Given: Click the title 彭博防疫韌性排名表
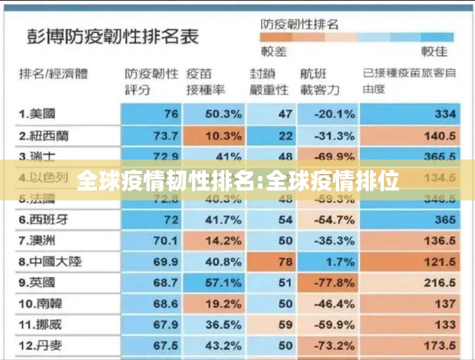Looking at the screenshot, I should [x=113, y=36].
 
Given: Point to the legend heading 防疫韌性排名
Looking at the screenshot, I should [x=300, y=24].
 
